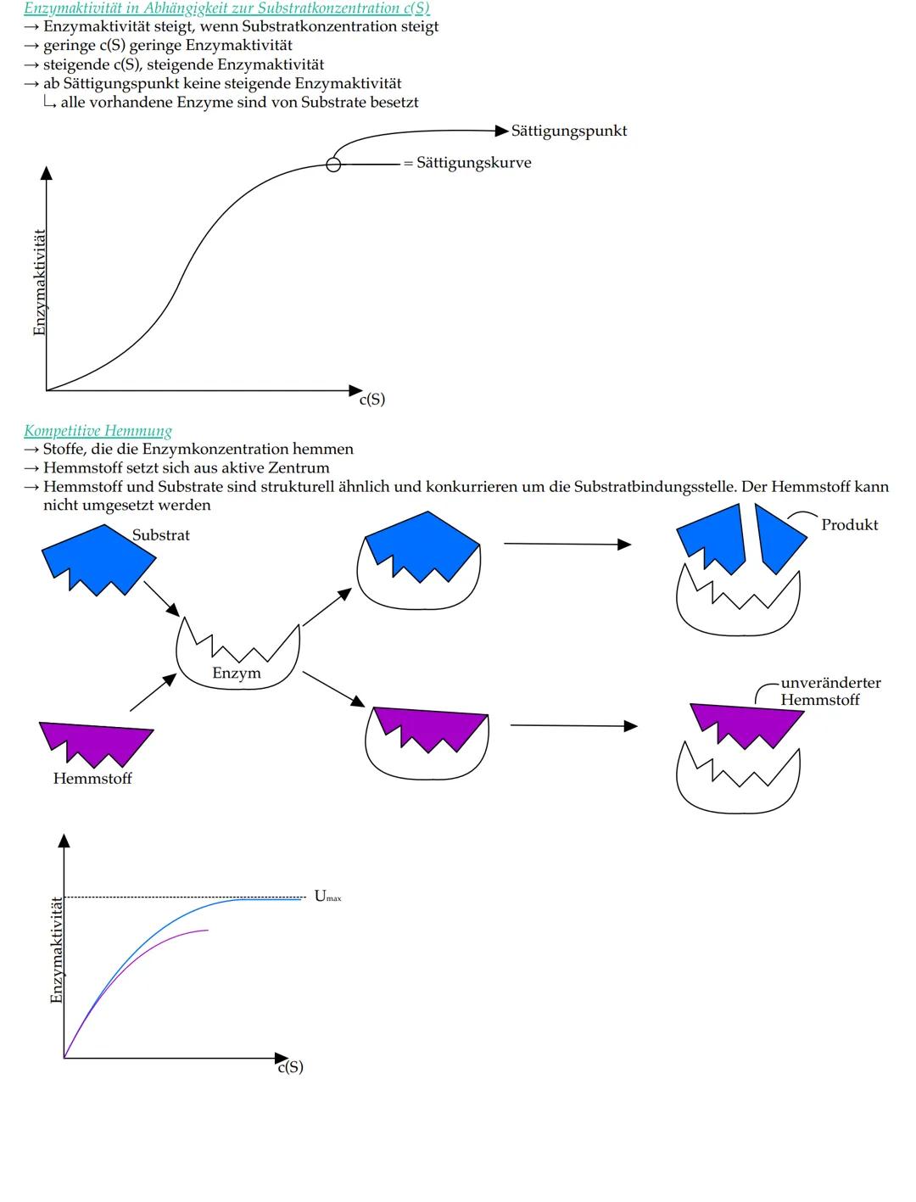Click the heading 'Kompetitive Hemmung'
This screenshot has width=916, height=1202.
point(98,430)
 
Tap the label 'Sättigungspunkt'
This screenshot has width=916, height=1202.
point(569,131)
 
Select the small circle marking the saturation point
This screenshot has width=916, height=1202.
point(333,165)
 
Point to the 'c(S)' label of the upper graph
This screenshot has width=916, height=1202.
point(371,399)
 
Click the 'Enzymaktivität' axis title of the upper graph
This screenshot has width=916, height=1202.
point(39,282)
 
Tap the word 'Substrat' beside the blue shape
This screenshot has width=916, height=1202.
point(160,535)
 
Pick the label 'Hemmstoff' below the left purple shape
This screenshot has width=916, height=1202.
point(92,778)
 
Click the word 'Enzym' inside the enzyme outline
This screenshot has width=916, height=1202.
point(237,674)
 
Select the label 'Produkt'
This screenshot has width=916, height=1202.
point(849,524)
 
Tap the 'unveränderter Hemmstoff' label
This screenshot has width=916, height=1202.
point(829,691)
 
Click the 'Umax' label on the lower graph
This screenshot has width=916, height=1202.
point(327,896)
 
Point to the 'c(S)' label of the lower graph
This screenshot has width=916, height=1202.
point(290,1067)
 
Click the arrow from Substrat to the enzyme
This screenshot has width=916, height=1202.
point(161,599)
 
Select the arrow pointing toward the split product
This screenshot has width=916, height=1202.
point(567,544)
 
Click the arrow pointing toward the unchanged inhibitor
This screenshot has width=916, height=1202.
point(573,725)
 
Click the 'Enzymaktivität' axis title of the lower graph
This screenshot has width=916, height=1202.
point(57,950)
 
